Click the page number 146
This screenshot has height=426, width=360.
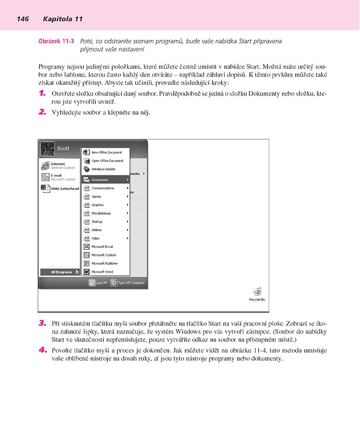click(22, 19)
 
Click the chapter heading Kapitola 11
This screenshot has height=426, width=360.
click(63, 19)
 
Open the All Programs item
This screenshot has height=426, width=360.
click(61, 272)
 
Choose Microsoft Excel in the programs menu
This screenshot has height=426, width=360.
click(102, 246)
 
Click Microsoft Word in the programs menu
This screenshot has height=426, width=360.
click(102, 272)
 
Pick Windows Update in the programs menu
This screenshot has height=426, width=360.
click(103, 169)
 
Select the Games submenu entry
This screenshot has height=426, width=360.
click(97, 197)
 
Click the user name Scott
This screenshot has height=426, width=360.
click(63, 149)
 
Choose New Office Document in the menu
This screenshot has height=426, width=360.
click(106, 152)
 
